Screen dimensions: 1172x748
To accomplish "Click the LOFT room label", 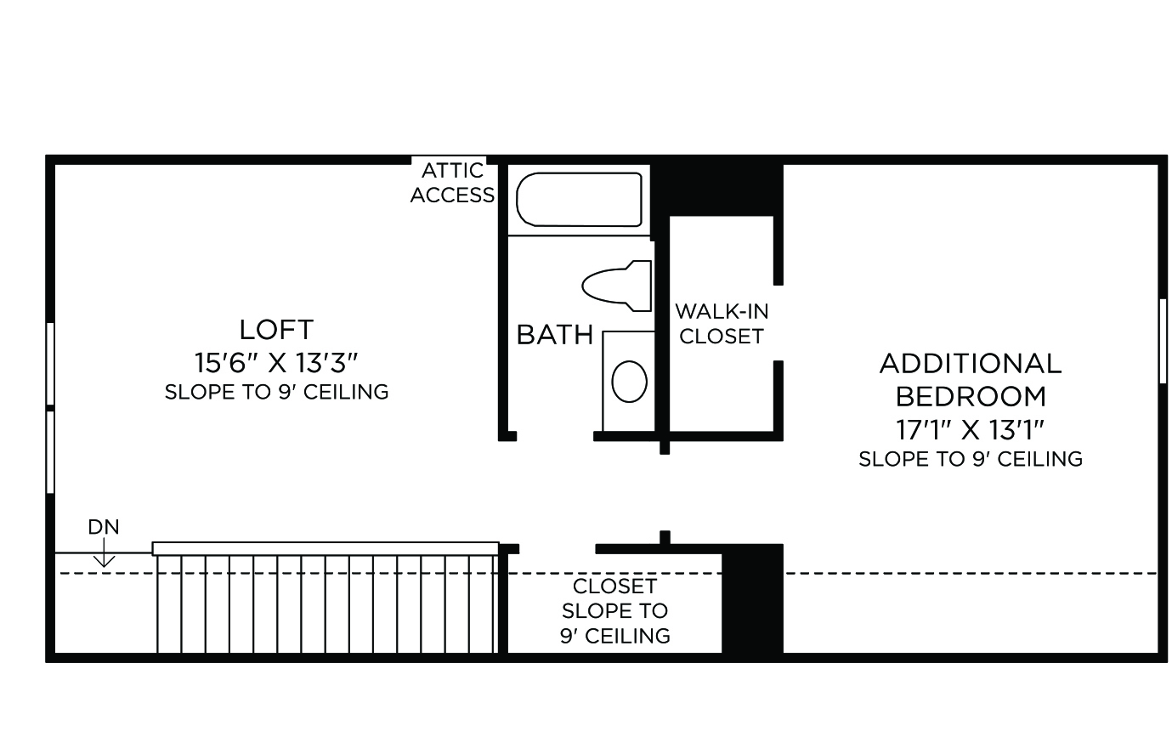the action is [276, 330].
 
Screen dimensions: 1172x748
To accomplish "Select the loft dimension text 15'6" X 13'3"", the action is [276, 363].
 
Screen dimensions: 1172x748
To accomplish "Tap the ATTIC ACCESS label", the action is [452, 183].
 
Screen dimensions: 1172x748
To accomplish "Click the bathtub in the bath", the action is [579, 200].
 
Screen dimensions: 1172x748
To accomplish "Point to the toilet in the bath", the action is [617, 286].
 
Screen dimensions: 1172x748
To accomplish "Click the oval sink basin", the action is [629, 382].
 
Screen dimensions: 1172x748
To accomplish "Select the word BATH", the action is [555, 335].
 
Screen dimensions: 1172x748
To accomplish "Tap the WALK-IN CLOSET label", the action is [722, 324].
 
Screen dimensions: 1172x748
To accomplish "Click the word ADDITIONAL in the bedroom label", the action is [971, 364].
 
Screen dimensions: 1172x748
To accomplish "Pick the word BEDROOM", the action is [971, 397].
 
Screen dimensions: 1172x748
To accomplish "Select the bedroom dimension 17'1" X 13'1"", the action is [971, 430].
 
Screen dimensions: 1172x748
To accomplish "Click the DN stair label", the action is [104, 527].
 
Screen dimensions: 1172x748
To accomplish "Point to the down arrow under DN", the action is [104, 552].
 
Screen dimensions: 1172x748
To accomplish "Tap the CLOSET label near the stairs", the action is [614, 586].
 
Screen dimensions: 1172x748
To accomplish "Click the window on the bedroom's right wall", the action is [1163, 342].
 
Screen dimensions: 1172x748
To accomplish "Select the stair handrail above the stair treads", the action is [326, 548].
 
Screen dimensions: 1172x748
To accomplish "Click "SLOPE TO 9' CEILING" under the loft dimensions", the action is [277, 392].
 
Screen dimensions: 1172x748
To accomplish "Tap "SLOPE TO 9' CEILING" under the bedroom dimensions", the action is [971, 459].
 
